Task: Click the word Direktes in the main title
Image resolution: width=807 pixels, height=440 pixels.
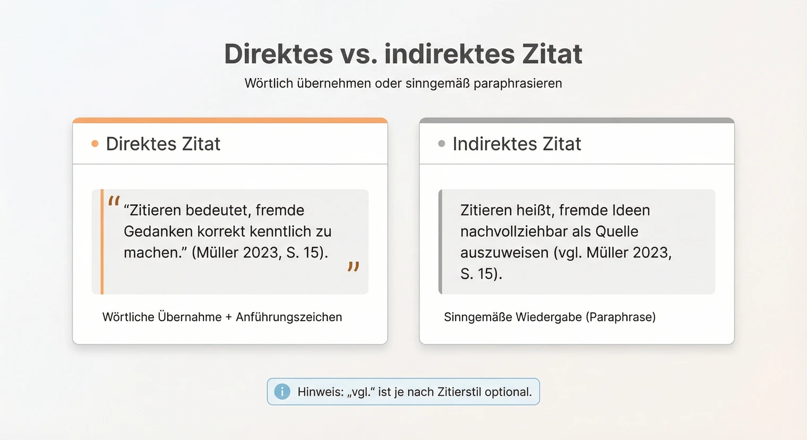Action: pyautogui.click(x=278, y=54)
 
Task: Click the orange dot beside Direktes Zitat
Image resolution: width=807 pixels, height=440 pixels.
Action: pyautogui.click(x=95, y=144)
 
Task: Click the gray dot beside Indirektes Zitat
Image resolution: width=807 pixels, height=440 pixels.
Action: pyautogui.click(x=441, y=144)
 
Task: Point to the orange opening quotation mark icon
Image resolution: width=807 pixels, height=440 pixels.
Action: pyautogui.click(x=114, y=202)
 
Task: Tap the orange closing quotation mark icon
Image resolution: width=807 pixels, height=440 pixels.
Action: pyautogui.click(x=354, y=267)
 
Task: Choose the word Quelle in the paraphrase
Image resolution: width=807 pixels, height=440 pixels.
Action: pyautogui.click(x=617, y=231)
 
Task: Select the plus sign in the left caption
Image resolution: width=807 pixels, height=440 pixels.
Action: pyautogui.click(x=229, y=317)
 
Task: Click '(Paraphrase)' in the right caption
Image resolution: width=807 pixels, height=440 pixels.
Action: pyautogui.click(x=621, y=317)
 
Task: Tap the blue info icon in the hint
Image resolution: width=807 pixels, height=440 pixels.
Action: pyautogui.click(x=282, y=392)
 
